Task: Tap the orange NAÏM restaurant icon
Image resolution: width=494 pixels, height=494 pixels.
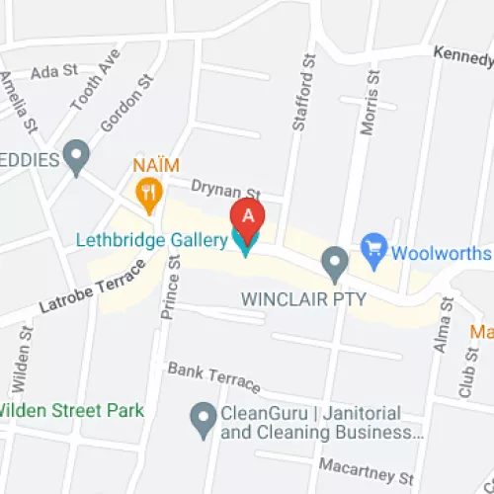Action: tap(149, 191)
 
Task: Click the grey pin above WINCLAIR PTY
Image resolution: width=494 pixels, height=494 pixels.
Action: tap(336, 262)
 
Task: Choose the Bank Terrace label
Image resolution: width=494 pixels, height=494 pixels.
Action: tap(213, 376)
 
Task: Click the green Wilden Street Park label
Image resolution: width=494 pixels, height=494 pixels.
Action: tap(71, 410)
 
